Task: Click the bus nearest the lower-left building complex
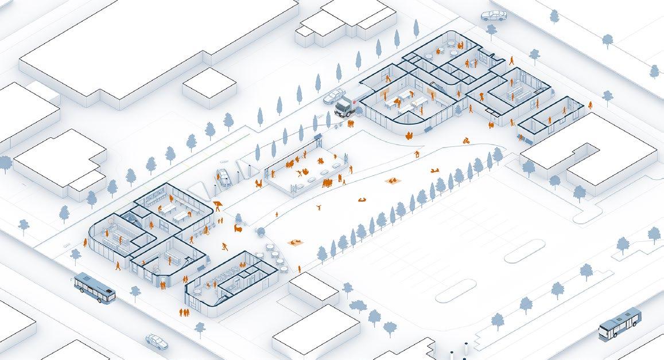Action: [x=94, y=287]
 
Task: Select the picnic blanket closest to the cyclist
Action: [x=436, y=170]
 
